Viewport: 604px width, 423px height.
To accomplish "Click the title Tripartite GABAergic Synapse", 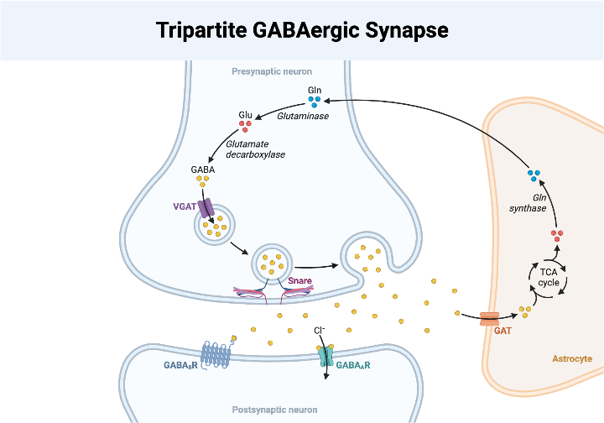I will pos(302,30).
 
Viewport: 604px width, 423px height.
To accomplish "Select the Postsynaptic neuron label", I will pos(274,410).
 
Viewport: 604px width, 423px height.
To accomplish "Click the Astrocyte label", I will pos(572,358).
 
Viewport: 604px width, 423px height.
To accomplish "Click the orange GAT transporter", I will pos(489,319).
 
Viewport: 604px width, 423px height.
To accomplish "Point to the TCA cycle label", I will pos(549,277).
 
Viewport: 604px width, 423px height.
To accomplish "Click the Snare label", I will pos(299,281).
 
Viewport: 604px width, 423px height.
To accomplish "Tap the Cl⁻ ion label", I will pos(320,330).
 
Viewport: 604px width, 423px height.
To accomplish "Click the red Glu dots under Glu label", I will pos(245,126).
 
